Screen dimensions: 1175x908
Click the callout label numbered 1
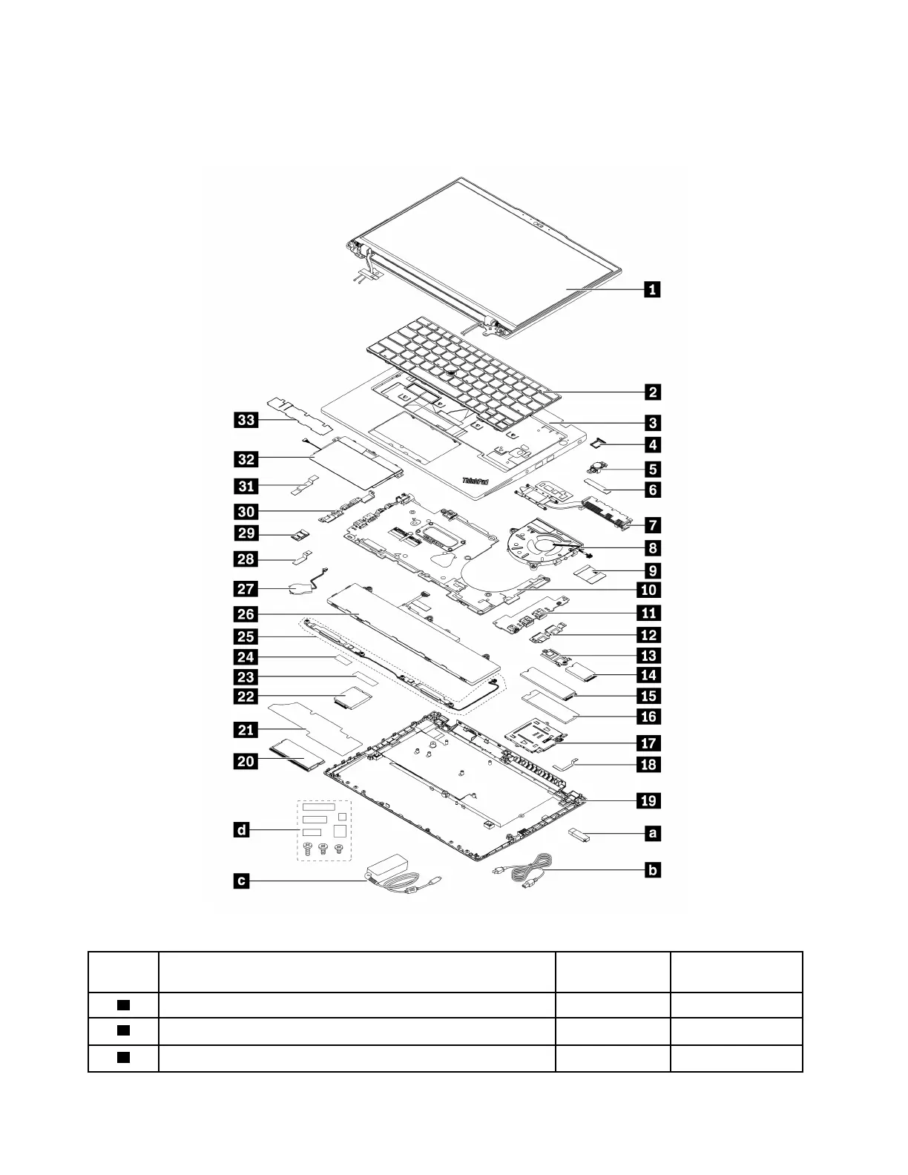[x=651, y=289]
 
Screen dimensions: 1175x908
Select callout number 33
[x=246, y=421]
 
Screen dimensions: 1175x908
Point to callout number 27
[x=246, y=589]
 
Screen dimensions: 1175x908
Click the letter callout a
[x=652, y=834]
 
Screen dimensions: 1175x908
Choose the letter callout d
[x=243, y=830]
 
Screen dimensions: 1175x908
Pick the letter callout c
[x=243, y=881]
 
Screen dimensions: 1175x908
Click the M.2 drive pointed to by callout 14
[x=583, y=674]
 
